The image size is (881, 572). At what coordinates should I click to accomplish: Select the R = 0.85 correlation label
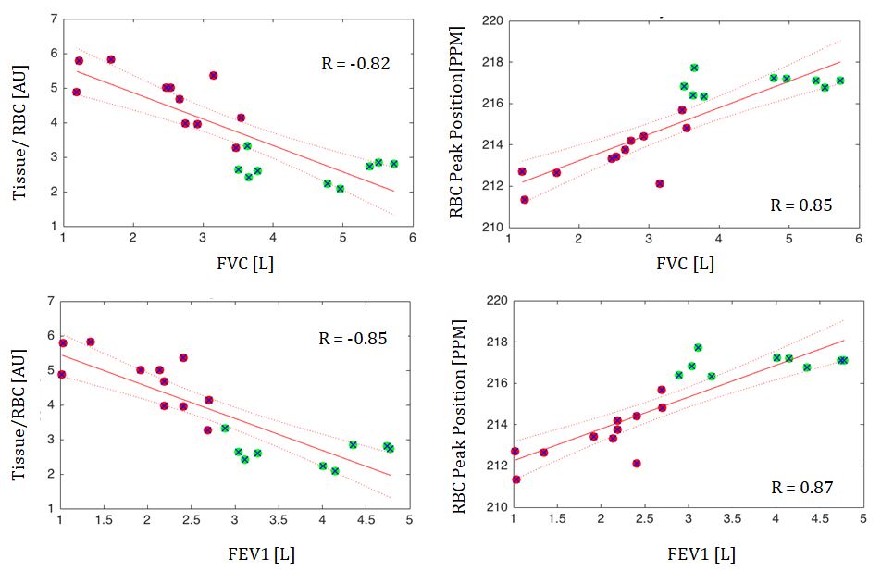click(x=800, y=205)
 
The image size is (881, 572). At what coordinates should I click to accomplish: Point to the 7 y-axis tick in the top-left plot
click(x=55, y=19)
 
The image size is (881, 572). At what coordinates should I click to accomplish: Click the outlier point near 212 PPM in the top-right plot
click(x=660, y=183)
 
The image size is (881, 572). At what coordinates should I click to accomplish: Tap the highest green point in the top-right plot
click(x=694, y=68)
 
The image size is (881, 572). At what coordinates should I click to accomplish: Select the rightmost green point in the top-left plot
click(x=393, y=164)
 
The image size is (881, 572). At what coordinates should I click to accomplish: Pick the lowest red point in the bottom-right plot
click(x=515, y=479)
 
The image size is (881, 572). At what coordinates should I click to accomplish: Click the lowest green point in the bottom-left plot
click(x=335, y=471)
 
